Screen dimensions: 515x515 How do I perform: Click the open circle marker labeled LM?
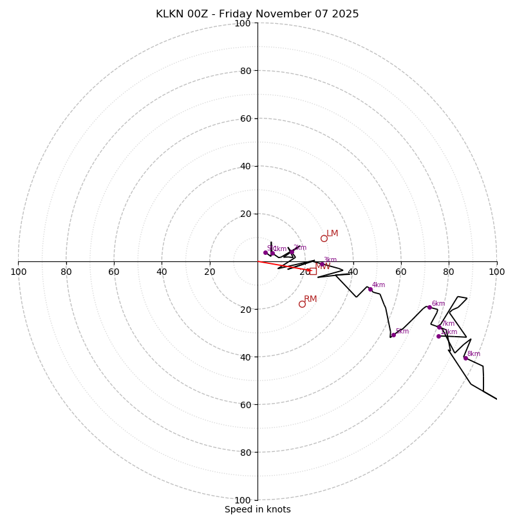[x=324, y=238]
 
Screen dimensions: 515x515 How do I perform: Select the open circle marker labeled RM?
[x=302, y=304]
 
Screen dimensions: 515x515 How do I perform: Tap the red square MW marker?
[x=313, y=272]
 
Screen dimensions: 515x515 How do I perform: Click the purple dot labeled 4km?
[x=370, y=290]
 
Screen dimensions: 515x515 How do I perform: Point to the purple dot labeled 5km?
[x=393, y=335]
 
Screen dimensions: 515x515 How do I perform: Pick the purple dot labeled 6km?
[x=429, y=307]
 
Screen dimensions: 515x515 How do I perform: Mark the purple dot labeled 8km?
[x=465, y=358]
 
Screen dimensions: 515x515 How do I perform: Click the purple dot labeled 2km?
[x=292, y=252]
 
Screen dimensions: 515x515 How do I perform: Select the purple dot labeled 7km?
[x=439, y=327]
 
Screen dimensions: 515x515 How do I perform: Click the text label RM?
[x=310, y=299]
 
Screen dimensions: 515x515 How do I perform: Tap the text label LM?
[x=332, y=234]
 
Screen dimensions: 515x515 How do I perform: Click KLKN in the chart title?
[x=170, y=14]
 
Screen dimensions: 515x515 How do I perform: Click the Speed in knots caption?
[x=257, y=510]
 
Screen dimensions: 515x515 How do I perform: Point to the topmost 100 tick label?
[x=243, y=23]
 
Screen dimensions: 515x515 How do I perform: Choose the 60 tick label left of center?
[x=114, y=272]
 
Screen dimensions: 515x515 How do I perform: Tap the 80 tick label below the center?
[x=243, y=453]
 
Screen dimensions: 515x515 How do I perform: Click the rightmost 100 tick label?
[x=496, y=272]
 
